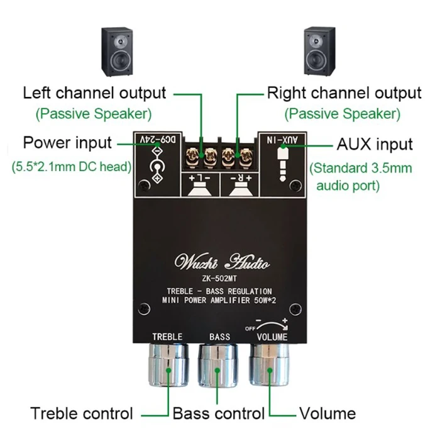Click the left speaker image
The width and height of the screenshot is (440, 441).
coord(118,52)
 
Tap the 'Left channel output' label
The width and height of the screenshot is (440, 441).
coord(94,94)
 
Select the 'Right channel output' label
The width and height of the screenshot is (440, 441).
coord(344,94)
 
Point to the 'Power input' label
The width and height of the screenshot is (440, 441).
coord(67,143)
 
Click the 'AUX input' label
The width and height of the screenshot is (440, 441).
coord(375,143)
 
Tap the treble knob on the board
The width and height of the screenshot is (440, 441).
coord(168,366)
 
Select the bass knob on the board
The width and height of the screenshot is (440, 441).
coord(219,366)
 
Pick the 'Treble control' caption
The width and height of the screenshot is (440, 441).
coord(82,413)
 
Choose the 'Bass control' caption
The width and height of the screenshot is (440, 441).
coord(218,413)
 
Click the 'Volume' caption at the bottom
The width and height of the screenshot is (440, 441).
coord(327,413)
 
